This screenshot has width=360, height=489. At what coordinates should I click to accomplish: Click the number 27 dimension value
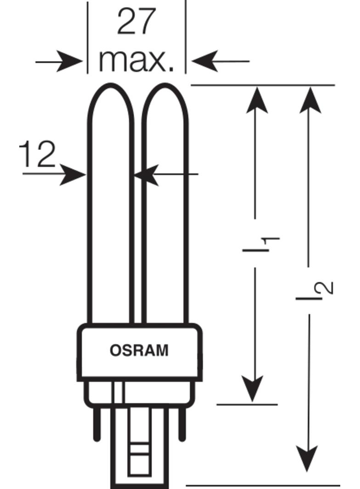(x=136, y=22)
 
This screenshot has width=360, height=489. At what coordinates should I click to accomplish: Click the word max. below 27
(x=137, y=60)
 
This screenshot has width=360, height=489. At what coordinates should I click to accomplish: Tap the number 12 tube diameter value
(x=38, y=155)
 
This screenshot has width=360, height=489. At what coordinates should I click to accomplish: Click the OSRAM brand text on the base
(x=139, y=351)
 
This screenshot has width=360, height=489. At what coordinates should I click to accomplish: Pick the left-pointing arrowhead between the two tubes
(x=146, y=174)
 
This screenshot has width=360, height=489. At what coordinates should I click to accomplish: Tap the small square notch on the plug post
(x=140, y=449)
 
